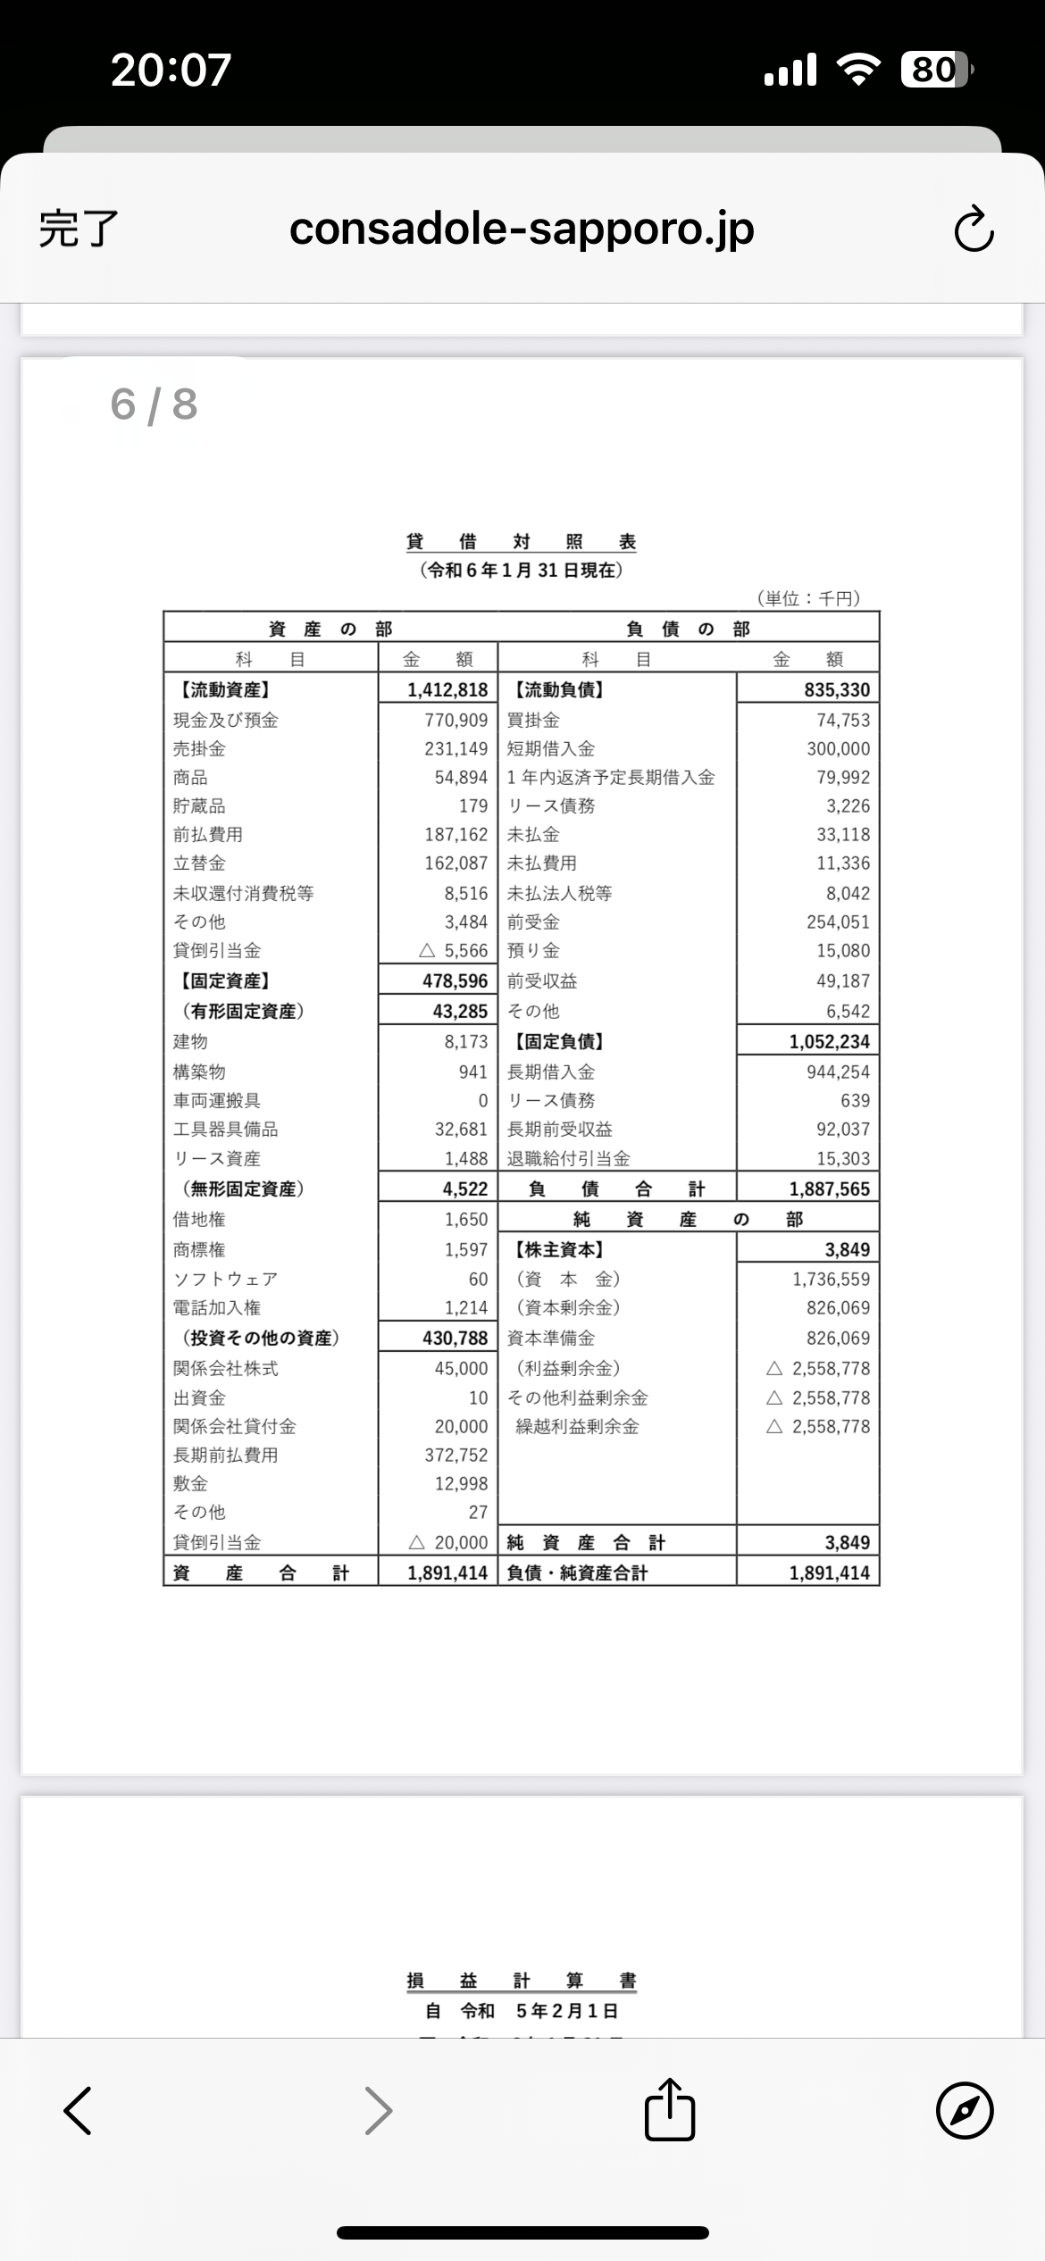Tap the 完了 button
pyautogui.click(x=79, y=229)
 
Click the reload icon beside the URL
pyautogui.click(x=974, y=229)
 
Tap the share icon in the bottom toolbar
pyautogui.click(x=669, y=2110)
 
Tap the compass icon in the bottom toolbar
pyautogui.click(x=965, y=2111)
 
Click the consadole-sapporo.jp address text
pyautogui.click(x=522, y=229)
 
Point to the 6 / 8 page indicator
pyautogui.click(x=154, y=405)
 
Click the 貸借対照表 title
pyautogui.click(x=521, y=542)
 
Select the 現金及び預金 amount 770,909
pyautogui.click(x=456, y=720)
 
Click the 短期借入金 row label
pyautogui.click(x=551, y=748)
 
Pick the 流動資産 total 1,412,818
pyautogui.click(x=447, y=689)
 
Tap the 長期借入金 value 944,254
pyautogui.click(x=838, y=1072)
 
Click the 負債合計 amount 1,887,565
pyautogui.click(x=829, y=1189)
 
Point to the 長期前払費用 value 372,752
pyautogui.click(x=456, y=1455)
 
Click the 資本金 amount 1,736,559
pyautogui.click(x=831, y=1279)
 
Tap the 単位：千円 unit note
pyautogui.click(x=808, y=598)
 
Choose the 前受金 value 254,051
pyautogui.click(x=838, y=922)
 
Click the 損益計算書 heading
pyautogui.click(x=521, y=1981)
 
